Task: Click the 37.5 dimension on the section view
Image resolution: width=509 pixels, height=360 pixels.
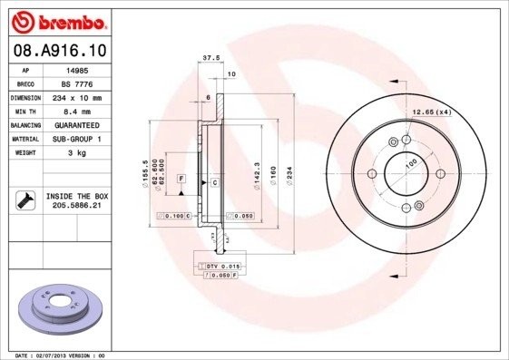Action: point(211,57)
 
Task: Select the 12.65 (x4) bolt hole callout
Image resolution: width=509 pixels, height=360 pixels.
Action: point(432,112)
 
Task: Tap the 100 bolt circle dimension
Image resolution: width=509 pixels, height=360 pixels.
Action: point(410,165)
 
